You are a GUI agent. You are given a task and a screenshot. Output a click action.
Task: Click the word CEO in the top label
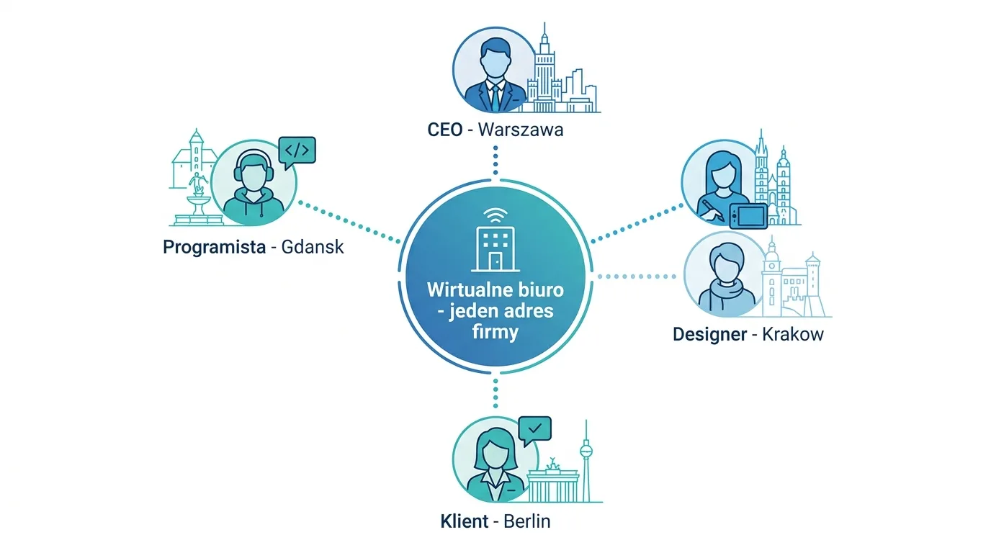tap(444, 130)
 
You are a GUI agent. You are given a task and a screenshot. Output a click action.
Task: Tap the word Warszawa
tap(521, 130)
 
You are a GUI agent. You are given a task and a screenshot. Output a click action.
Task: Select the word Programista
tap(214, 247)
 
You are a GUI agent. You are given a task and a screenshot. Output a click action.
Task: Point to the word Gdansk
tap(313, 247)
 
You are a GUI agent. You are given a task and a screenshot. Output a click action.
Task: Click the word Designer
tap(709, 334)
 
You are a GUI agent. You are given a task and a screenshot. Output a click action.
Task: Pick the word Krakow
tap(793, 334)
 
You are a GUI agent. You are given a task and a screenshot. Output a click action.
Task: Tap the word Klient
tap(464, 521)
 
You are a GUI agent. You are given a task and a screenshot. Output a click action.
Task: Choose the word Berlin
tap(527, 521)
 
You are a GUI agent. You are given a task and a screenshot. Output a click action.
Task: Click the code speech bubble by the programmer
tap(297, 152)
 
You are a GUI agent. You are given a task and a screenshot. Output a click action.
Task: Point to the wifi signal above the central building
tap(495, 215)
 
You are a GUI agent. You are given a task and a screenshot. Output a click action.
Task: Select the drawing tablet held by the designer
tap(748, 216)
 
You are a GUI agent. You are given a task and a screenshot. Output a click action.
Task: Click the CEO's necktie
tap(495, 98)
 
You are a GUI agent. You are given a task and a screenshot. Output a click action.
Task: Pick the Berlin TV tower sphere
tap(586, 451)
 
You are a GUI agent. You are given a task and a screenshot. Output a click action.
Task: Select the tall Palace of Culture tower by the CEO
tap(544, 67)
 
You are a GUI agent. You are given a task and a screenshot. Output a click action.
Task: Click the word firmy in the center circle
tap(495, 333)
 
